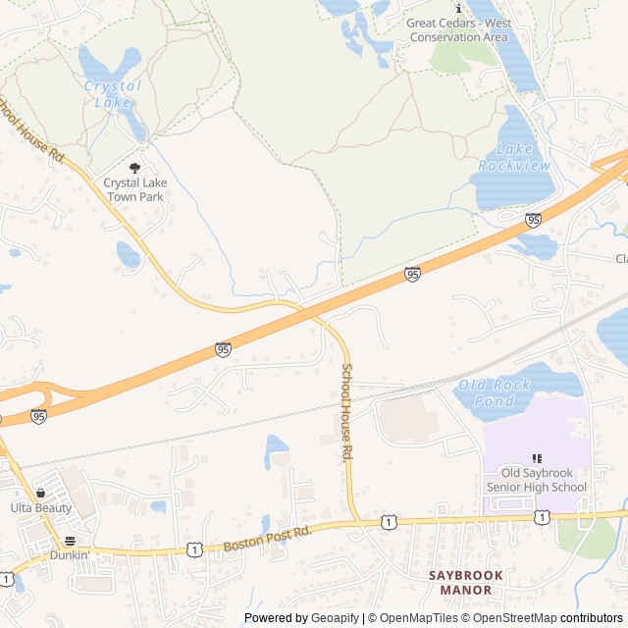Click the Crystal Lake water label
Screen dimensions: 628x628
pyautogui.click(x=112, y=93)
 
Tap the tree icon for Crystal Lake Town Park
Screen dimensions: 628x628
pyautogui.click(x=134, y=168)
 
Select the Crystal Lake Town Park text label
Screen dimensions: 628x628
pyautogui.click(x=134, y=189)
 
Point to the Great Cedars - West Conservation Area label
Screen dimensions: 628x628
pyautogui.click(x=457, y=29)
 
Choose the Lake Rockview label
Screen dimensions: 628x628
pyautogui.click(x=514, y=157)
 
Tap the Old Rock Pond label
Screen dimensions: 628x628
pyautogui.click(x=495, y=392)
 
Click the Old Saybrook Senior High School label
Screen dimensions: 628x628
pyautogui.click(x=537, y=480)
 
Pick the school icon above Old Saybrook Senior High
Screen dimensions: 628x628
pyautogui.click(x=536, y=458)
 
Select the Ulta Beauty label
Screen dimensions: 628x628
pyautogui.click(x=41, y=507)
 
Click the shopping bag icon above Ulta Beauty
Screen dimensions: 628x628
pyautogui.click(x=40, y=492)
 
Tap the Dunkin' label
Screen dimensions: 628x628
pyautogui.click(x=70, y=554)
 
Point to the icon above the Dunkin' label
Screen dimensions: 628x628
pyautogui.click(x=70, y=540)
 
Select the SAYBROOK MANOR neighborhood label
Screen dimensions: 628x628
pyautogui.click(x=465, y=582)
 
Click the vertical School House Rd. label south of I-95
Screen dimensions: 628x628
pyautogui.click(x=346, y=412)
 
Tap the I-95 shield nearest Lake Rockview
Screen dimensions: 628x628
pyautogui.click(x=533, y=220)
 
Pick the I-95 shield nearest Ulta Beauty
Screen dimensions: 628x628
pyautogui.click(x=38, y=416)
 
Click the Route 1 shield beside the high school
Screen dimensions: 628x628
pyautogui.click(x=542, y=516)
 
